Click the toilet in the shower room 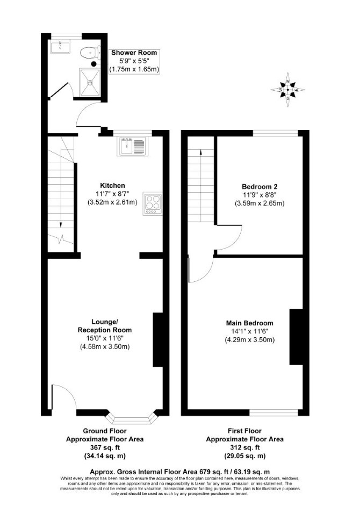click(89, 52)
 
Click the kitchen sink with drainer click(133, 146)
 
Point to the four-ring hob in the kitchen click(153, 203)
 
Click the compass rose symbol click(288, 90)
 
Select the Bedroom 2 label click(260, 187)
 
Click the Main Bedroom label click(249, 323)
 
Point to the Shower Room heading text click(134, 53)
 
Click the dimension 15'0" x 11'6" click(105, 338)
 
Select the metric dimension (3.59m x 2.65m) click(260, 203)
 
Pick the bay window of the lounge click(131, 418)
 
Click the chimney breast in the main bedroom click(296, 337)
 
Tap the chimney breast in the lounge click(158, 340)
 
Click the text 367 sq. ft click(105, 448)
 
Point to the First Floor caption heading click(244, 431)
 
